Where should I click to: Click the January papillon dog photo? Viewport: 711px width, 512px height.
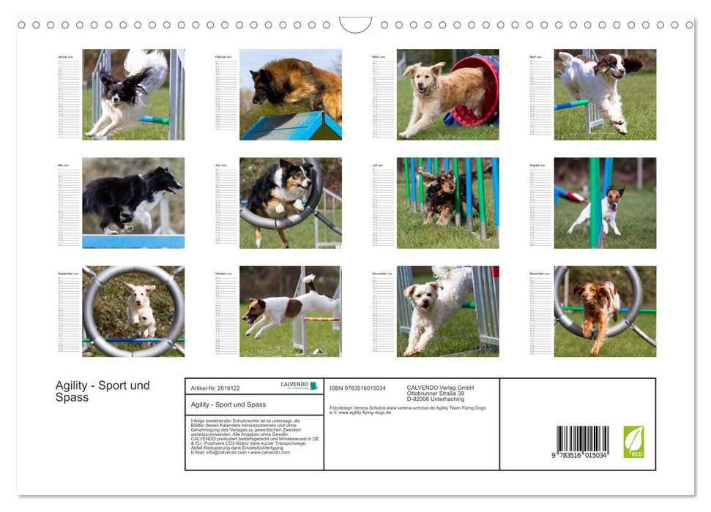130,94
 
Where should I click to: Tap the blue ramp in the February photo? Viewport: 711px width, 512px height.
289,126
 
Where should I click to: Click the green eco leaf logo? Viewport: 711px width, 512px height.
633,442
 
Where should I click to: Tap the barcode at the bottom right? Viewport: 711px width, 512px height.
582,443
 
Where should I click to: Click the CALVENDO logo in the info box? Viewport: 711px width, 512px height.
299,385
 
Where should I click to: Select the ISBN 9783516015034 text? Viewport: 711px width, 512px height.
357,388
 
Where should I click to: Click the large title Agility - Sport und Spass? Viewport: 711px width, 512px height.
103,391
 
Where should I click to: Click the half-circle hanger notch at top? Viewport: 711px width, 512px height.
355,24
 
